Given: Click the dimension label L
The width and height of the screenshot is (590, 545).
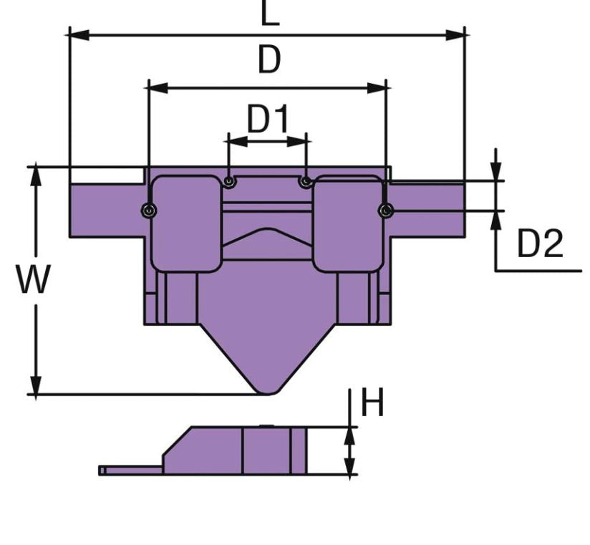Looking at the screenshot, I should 269,14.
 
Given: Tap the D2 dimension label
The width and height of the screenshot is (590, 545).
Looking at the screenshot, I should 540,245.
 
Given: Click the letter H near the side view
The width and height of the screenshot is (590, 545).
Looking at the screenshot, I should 372,403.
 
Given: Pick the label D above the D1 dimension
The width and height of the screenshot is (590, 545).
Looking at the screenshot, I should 269,62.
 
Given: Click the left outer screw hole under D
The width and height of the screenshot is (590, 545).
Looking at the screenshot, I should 149,210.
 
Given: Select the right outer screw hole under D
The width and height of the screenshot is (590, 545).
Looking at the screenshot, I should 386,210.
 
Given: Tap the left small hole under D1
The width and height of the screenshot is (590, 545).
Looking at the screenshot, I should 228,182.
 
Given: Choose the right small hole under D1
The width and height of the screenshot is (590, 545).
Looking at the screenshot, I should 306,182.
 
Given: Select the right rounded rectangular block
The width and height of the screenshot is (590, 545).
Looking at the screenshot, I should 348,223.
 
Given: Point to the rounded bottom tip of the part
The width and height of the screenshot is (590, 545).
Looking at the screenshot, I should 268,389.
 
